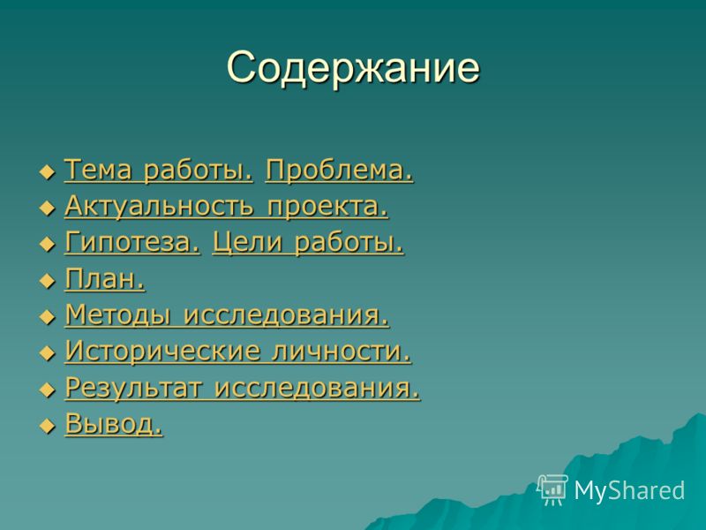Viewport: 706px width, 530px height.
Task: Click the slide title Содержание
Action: (x=354, y=68)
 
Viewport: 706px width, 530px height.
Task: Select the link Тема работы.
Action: (x=159, y=170)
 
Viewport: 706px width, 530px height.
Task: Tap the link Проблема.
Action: (x=339, y=170)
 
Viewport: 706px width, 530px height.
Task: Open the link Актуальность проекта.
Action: (x=227, y=207)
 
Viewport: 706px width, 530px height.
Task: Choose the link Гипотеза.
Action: (x=132, y=242)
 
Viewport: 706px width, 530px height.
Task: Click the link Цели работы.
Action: (x=308, y=244)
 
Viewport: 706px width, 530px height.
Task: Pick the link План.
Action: (x=105, y=279)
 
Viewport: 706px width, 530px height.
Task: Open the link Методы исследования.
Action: (x=227, y=315)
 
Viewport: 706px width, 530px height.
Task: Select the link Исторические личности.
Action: (x=238, y=351)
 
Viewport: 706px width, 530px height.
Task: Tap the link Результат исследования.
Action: (x=243, y=388)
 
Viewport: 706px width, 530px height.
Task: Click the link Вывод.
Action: (x=114, y=424)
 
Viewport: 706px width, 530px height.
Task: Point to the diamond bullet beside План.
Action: (x=48, y=281)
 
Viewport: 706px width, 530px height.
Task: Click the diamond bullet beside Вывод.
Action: (x=48, y=426)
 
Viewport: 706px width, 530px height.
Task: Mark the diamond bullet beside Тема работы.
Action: (x=48, y=172)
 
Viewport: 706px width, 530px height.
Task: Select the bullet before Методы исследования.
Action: (x=48, y=317)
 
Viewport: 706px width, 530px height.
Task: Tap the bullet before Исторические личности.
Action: (x=48, y=353)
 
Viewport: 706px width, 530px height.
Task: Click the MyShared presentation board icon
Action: (x=552, y=490)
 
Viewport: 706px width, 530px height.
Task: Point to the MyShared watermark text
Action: (x=629, y=490)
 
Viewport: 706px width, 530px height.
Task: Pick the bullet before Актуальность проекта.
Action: (x=48, y=208)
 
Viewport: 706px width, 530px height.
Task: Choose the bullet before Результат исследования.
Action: (x=48, y=390)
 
